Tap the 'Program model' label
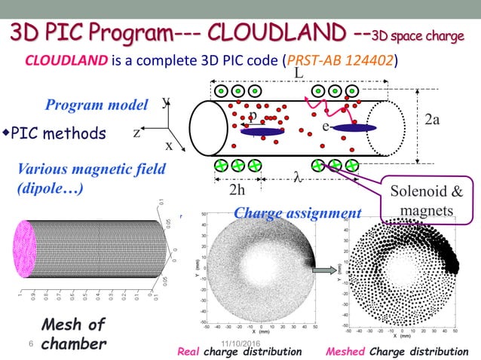coord(97,105)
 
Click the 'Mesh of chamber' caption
coord(72,334)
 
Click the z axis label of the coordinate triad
coord(137,133)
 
